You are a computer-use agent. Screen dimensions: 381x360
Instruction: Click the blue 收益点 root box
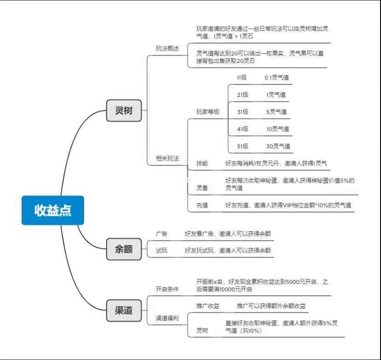[x=53, y=210]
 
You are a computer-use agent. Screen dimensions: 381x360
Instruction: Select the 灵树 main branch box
[x=124, y=111]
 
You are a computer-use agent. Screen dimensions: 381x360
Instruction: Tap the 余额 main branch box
[x=124, y=249]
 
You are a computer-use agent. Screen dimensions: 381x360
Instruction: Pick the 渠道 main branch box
[x=124, y=310]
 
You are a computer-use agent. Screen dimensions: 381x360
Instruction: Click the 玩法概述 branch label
[x=167, y=48]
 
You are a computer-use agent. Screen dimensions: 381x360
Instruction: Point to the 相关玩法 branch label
[x=167, y=158]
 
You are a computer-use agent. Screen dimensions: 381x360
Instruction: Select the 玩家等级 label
[x=208, y=112]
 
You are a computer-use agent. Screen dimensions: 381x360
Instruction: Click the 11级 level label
[x=242, y=78]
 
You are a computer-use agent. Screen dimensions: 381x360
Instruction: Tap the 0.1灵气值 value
[x=277, y=78]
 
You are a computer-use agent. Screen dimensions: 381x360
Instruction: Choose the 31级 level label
[x=243, y=112]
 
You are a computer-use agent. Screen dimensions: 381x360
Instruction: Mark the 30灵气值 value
[x=278, y=146]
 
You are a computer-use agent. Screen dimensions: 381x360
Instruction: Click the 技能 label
[x=202, y=163]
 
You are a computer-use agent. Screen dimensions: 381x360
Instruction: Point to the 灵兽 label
[x=202, y=188]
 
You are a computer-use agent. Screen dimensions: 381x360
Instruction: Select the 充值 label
[x=202, y=205]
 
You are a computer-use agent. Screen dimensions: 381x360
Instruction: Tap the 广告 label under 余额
[x=161, y=234]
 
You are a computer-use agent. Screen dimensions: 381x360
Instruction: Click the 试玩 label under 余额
[x=161, y=250]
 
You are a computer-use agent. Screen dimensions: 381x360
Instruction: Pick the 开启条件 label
[x=167, y=289]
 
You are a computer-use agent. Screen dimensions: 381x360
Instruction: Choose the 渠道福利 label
[x=167, y=318]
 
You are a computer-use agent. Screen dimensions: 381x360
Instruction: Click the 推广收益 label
[x=208, y=306]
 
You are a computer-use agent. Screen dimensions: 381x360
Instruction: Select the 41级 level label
[x=243, y=129]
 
